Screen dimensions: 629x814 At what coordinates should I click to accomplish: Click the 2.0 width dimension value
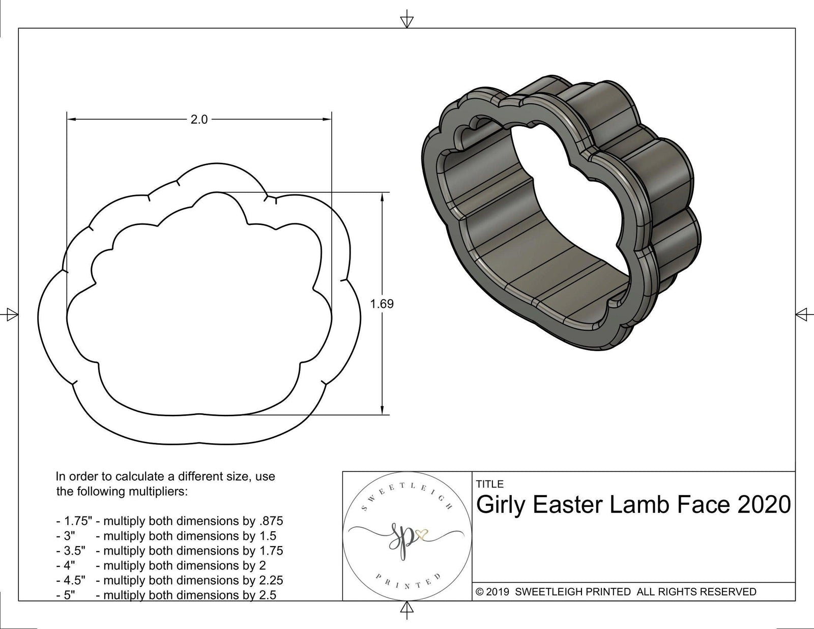click(x=199, y=120)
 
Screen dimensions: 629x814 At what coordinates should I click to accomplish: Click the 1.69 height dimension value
click(x=382, y=304)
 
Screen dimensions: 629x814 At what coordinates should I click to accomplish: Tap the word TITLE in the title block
click(x=489, y=484)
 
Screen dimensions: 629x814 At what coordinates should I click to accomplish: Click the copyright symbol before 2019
click(x=479, y=592)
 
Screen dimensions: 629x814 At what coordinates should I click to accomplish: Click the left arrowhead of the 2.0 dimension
click(x=72, y=120)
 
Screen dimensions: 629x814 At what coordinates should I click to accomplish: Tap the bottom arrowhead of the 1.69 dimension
click(x=382, y=410)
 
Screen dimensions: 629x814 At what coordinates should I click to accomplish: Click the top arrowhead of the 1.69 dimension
click(x=382, y=197)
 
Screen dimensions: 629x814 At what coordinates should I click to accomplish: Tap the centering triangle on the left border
click(x=10, y=314)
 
